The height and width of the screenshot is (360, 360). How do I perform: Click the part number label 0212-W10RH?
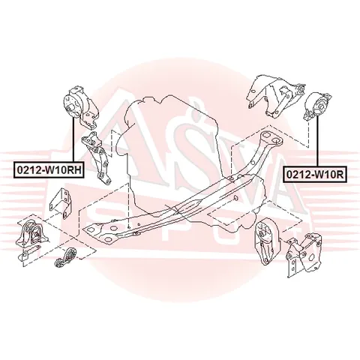tap(48, 170)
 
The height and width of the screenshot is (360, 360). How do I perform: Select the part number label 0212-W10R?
tap(315, 175)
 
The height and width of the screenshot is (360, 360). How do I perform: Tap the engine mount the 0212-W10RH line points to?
tap(80, 107)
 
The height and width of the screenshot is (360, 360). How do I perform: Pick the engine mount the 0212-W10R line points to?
tap(317, 106)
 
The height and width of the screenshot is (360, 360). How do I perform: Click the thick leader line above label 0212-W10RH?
tap(73, 139)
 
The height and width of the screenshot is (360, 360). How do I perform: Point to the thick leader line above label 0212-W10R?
tap(317, 141)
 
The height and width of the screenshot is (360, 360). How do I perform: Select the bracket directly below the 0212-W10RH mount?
tap(97, 157)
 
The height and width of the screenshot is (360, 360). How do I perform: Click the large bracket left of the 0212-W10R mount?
tap(275, 96)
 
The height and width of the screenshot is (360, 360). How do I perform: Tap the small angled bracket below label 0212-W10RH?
tap(61, 203)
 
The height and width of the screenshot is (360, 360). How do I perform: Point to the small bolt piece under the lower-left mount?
tap(28, 252)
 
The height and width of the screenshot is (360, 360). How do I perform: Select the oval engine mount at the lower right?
tap(265, 241)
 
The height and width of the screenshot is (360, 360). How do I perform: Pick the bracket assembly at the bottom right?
tap(304, 253)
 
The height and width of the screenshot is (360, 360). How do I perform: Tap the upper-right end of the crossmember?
tap(271, 139)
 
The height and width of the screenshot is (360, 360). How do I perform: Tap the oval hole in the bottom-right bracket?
tap(311, 256)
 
